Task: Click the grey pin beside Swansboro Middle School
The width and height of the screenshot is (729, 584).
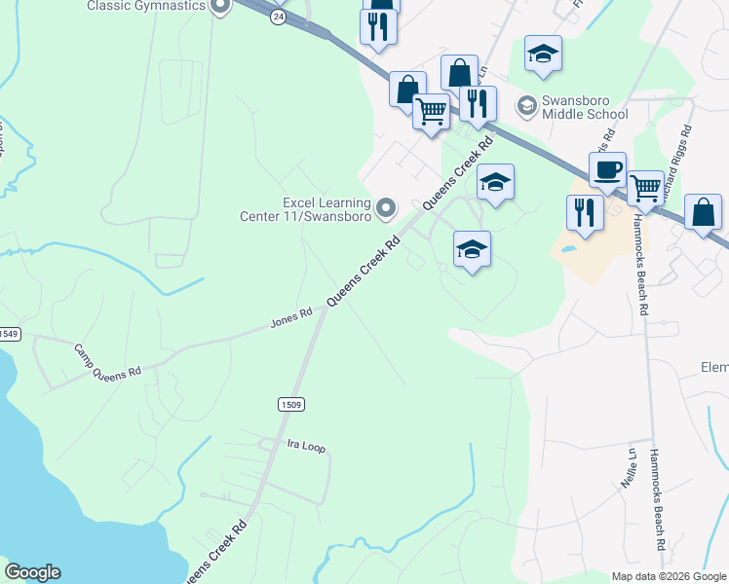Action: pos(526,104)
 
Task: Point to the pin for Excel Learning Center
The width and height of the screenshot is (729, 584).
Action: pos(387,208)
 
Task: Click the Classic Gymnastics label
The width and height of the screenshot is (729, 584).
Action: pos(146,6)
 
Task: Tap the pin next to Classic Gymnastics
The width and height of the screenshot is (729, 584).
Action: pos(220,6)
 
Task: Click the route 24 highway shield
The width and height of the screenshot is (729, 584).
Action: pos(279,17)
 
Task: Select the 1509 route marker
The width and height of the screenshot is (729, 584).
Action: pos(289,404)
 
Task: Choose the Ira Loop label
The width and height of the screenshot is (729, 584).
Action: pos(306,446)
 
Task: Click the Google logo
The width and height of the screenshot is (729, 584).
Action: pos(32,572)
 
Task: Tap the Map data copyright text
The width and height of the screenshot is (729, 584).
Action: pos(669,576)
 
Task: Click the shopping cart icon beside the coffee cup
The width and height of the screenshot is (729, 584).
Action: pos(645,188)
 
